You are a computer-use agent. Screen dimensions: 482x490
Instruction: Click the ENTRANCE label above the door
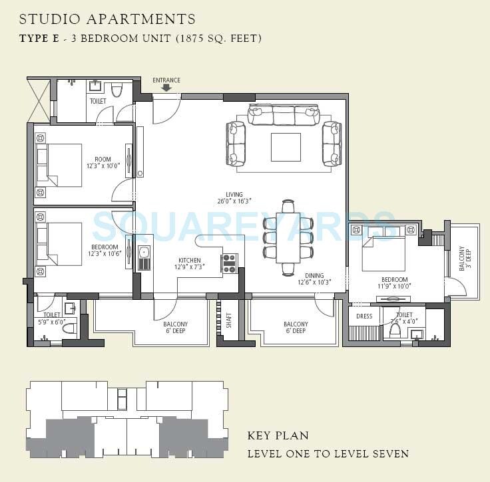coord(166,80)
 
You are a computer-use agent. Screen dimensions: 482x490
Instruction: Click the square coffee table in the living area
coord(286,147)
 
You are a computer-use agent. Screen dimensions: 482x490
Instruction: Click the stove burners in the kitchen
coord(229,263)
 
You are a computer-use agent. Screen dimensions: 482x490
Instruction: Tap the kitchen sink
coord(144,259)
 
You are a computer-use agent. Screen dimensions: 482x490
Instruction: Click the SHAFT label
coord(228,321)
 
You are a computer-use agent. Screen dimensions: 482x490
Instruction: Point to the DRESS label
coord(364,316)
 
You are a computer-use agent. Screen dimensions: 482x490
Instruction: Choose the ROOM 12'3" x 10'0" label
coord(103,163)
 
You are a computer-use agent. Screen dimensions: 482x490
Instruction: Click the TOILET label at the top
coord(98,101)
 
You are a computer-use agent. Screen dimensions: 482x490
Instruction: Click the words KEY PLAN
coord(278,436)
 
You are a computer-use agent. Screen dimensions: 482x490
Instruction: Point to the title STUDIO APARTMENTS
coord(109,19)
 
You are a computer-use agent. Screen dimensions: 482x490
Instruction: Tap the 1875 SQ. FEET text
coord(218,38)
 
